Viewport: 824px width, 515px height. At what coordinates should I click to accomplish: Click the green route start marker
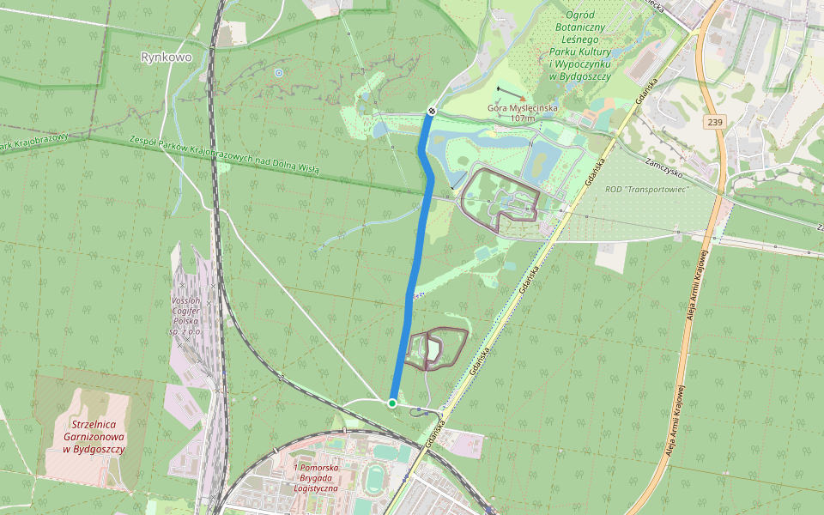tap(392, 403)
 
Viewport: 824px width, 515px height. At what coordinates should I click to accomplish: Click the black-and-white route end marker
tap(432, 111)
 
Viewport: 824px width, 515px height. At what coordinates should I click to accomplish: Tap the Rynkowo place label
tap(166, 58)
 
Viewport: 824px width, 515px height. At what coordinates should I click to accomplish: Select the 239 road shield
tap(716, 123)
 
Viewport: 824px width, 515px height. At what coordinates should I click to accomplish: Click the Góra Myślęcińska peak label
tap(523, 108)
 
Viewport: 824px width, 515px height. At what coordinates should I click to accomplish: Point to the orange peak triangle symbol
tap(522, 99)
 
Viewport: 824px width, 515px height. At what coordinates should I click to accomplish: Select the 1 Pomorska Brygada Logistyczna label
tap(313, 477)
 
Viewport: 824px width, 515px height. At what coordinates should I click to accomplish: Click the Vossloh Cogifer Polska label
tap(186, 316)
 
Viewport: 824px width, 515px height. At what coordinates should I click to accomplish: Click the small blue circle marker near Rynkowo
tap(278, 73)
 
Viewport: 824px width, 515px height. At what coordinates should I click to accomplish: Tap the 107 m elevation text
tap(523, 118)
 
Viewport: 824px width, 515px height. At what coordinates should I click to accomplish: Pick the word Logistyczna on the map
tap(313, 488)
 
